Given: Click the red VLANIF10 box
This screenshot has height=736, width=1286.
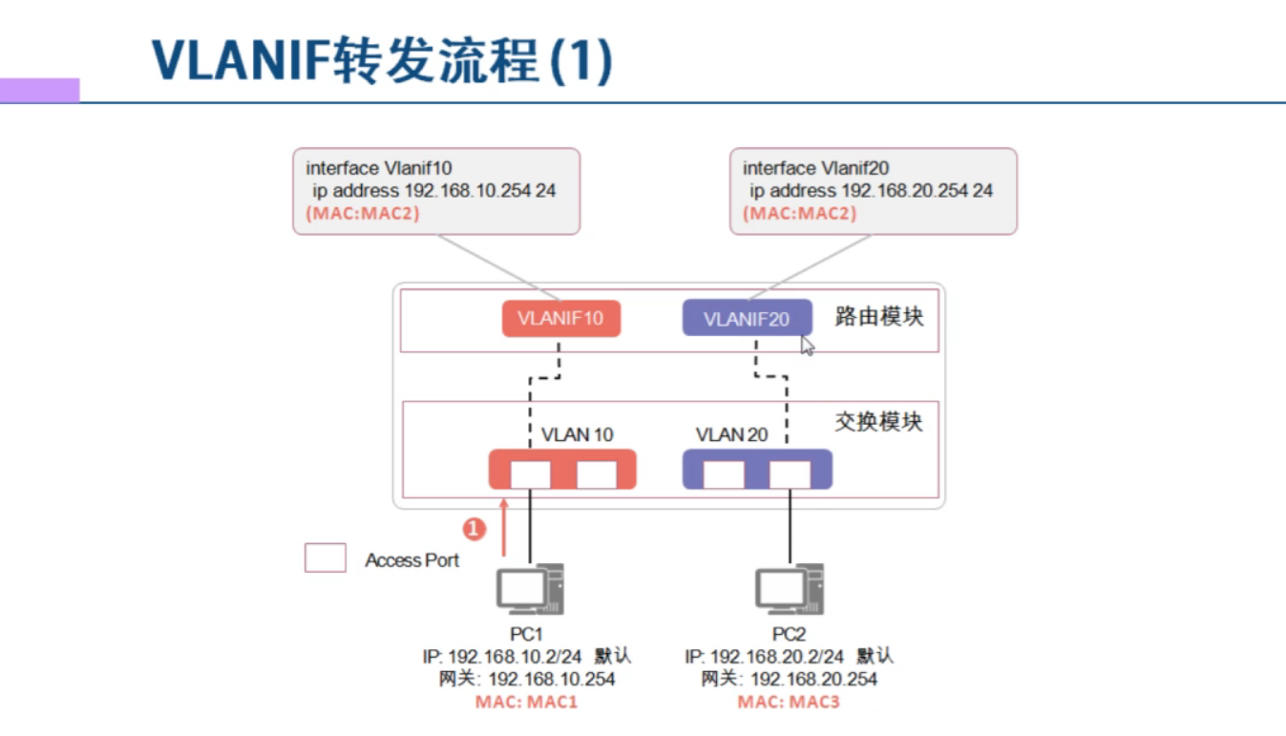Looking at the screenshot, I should coord(560,318).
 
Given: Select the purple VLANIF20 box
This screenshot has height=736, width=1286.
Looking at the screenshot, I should coord(747,318).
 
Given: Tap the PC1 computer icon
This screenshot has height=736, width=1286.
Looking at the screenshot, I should coord(530,589).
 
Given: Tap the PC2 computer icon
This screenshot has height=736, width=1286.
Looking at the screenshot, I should coord(790,589).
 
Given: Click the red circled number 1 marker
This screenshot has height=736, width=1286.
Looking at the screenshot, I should coord(474,528).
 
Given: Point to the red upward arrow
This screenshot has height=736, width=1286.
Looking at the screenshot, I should coord(504,525).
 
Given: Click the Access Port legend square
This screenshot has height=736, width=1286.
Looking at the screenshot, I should coord(325,558).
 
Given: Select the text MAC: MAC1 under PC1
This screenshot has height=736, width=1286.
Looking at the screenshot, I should coord(527,703).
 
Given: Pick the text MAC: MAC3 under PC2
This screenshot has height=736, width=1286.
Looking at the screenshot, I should coord(789,703).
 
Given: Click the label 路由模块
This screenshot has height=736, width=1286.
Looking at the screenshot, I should coord(878,317).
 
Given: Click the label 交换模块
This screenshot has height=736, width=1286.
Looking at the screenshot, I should coord(878,421).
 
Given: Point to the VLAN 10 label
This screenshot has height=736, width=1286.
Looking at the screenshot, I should coord(577,434).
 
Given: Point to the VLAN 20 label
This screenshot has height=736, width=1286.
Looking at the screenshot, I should coord(731,434).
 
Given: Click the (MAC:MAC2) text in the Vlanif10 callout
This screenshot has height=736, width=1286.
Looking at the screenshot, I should coord(363,214).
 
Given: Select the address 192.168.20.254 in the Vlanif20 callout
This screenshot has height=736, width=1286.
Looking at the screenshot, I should coord(904,191).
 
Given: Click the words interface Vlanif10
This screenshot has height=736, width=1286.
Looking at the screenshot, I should coord(379,168).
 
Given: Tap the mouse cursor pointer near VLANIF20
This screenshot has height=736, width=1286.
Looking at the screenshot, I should coord(808,346).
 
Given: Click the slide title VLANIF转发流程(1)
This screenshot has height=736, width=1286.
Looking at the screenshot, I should coord(382,63).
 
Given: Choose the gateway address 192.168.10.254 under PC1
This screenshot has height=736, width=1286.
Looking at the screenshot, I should coord(552,679).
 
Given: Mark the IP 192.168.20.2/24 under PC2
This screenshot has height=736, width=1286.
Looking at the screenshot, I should coord(777,657).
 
